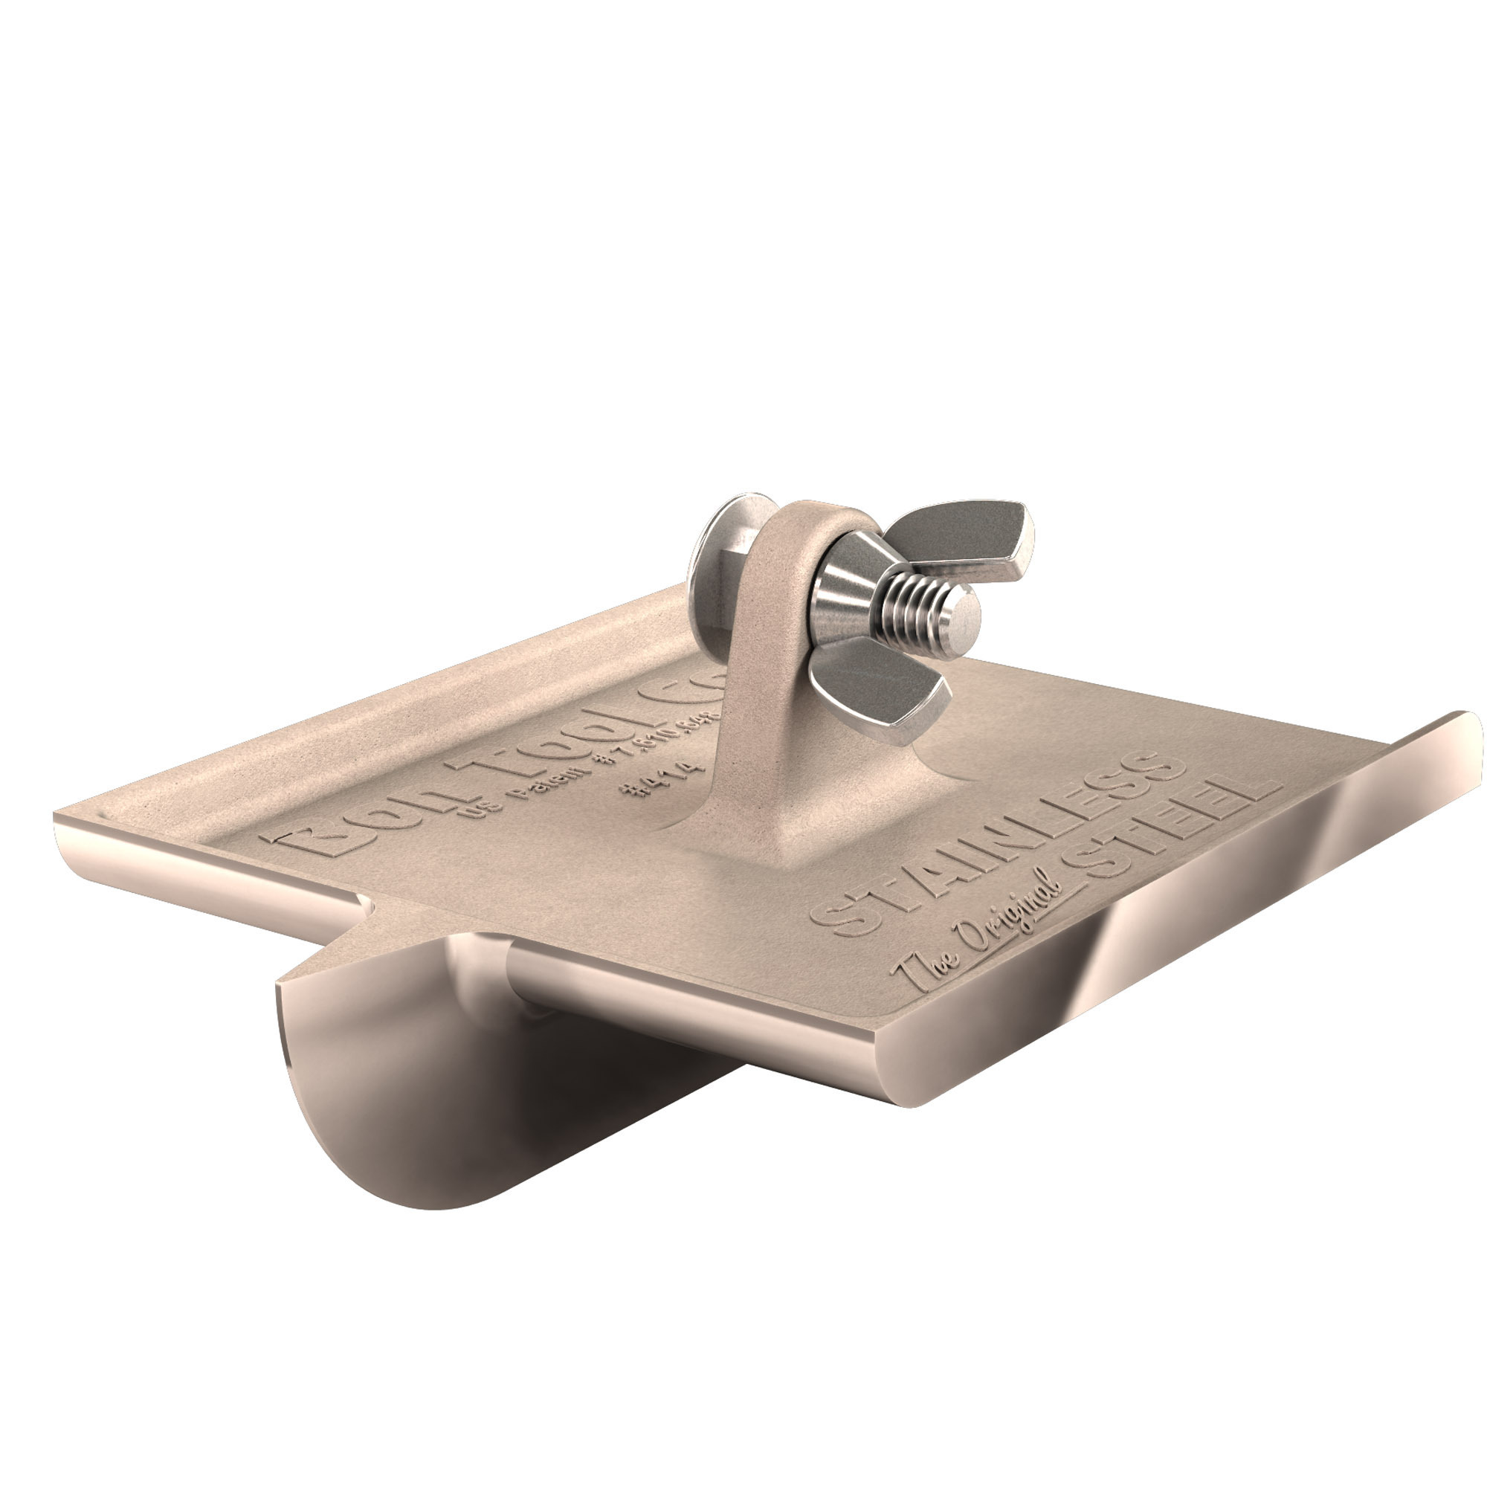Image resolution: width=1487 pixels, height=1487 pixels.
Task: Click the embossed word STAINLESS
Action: click(993, 843)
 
